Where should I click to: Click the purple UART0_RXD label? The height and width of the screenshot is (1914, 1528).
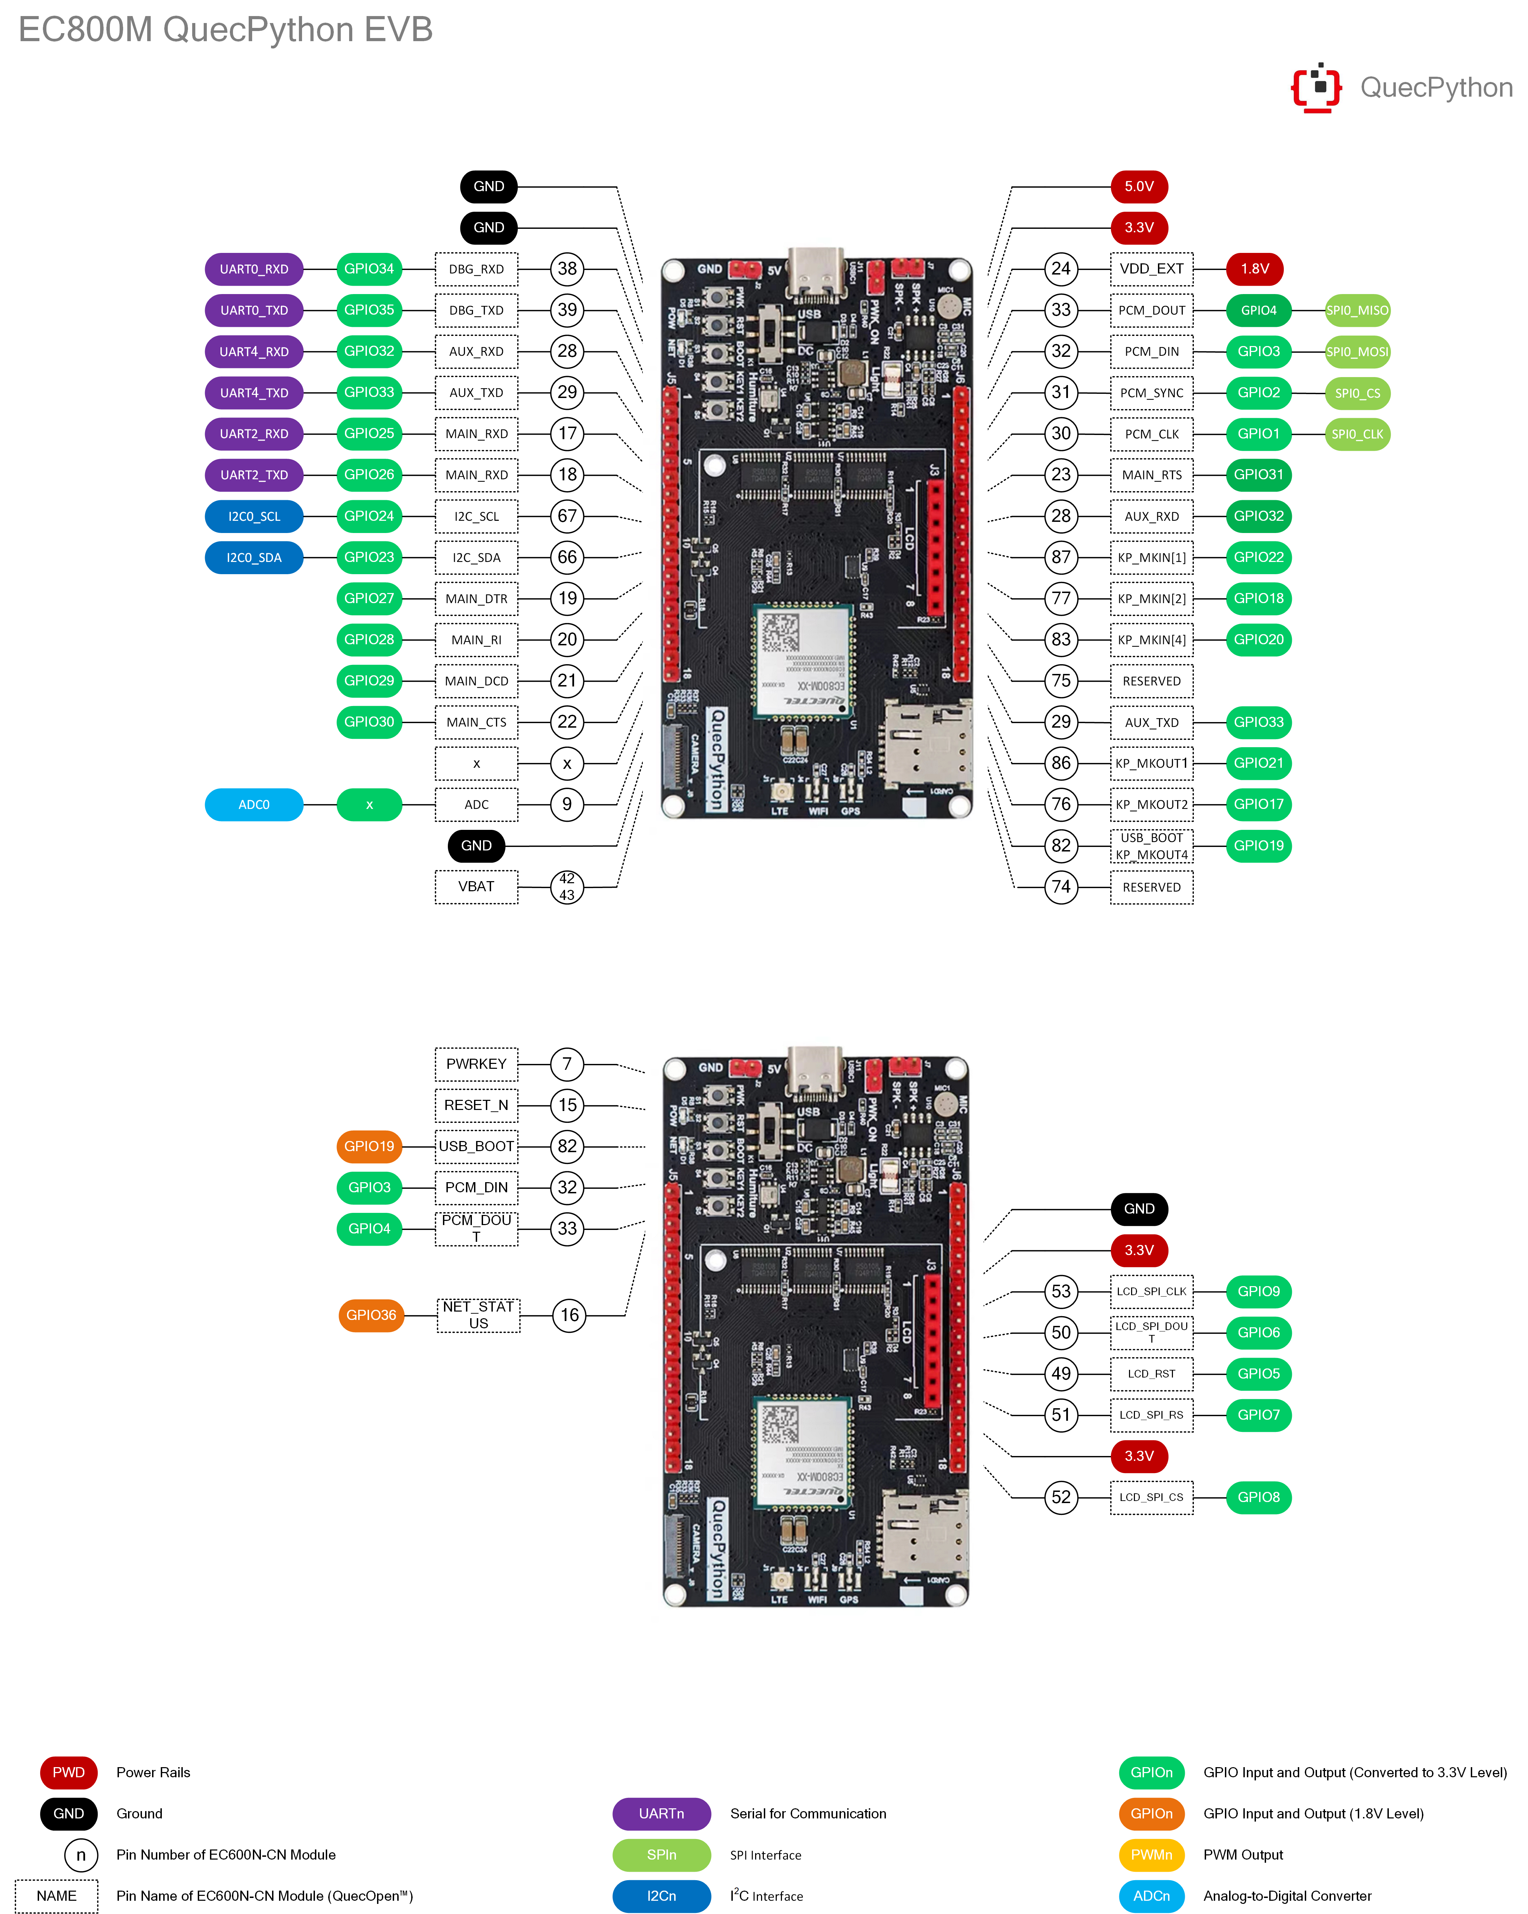point(254,269)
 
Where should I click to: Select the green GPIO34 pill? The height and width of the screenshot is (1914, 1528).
point(369,269)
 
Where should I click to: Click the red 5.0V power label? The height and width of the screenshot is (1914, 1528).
point(1139,186)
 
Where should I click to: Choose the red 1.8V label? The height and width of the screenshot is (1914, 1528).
point(1255,269)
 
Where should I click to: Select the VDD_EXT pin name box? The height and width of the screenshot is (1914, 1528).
point(1152,269)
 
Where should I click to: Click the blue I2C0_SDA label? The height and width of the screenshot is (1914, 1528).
point(254,557)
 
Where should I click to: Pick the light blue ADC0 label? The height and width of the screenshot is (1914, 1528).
point(254,804)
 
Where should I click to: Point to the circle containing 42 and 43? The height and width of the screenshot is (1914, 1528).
point(567,887)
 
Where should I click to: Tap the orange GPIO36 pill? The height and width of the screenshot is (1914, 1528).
point(371,1315)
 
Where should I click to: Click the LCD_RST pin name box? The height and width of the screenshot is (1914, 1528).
point(1152,1373)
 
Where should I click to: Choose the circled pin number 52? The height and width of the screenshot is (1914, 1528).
point(1061,1497)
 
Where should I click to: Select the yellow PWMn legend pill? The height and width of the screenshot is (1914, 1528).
point(1152,1854)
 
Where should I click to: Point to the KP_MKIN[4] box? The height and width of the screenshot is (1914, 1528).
point(1152,640)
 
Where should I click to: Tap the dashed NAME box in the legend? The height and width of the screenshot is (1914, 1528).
point(57,1896)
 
